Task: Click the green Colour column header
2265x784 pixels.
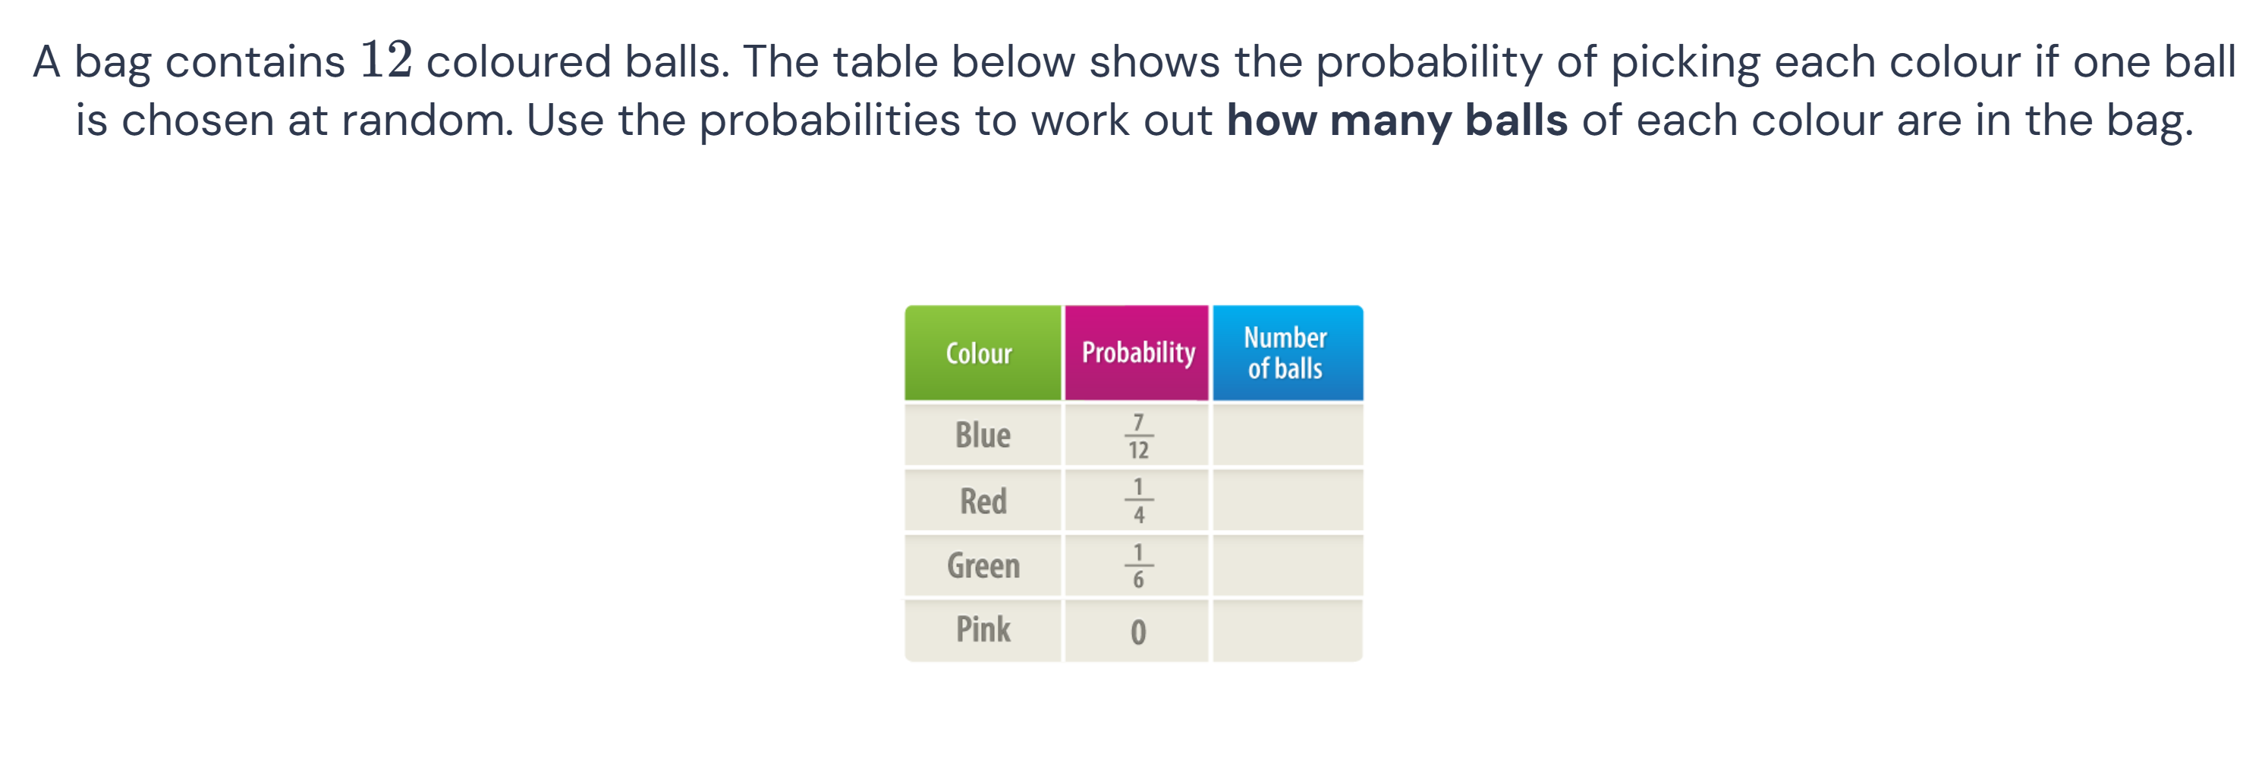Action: (x=982, y=353)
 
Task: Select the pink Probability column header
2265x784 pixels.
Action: (x=1137, y=353)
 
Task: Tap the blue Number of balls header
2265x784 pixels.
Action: (x=1287, y=353)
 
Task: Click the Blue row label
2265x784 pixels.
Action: (x=982, y=435)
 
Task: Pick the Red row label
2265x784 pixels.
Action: (x=982, y=501)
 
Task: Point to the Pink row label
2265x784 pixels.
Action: (x=982, y=630)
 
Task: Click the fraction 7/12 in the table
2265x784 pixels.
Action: (x=1137, y=436)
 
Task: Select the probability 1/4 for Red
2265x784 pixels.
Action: (x=1137, y=501)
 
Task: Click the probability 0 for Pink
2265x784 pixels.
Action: (x=1137, y=632)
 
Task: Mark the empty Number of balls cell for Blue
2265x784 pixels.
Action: (x=1287, y=435)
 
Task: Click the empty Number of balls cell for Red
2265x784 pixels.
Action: (x=1287, y=501)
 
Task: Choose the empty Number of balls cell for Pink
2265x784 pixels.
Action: (x=1287, y=630)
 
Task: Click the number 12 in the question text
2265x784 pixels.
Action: (x=385, y=60)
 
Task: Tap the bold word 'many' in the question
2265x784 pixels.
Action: (x=1391, y=121)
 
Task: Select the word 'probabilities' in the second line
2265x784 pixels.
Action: (x=829, y=121)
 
